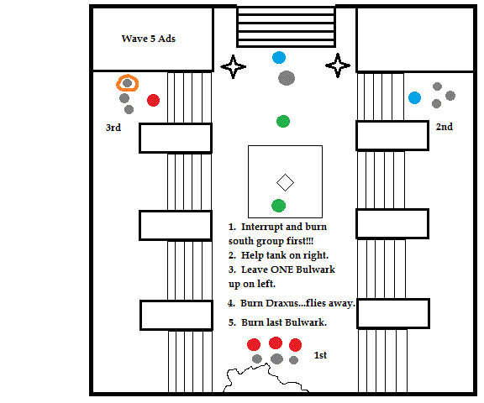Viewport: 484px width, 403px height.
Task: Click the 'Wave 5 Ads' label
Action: coord(149,39)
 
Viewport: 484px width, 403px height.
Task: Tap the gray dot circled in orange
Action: coord(127,83)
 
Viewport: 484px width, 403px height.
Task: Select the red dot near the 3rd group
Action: coord(153,100)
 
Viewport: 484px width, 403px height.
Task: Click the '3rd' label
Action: coord(113,128)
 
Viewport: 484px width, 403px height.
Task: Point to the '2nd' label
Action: coord(445,127)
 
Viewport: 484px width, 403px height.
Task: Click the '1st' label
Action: coord(320,355)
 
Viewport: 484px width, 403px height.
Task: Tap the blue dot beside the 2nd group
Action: coord(414,97)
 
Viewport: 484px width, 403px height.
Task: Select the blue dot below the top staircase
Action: coord(279,58)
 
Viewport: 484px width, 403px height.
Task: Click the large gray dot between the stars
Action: coord(287,78)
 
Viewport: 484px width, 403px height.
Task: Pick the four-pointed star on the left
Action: coord(234,66)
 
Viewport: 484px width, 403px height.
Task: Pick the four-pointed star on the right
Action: coord(338,65)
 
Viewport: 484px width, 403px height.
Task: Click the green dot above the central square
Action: coord(283,121)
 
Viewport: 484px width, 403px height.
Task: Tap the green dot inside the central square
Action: coord(278,206)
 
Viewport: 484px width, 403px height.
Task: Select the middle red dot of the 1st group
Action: coord(276,343)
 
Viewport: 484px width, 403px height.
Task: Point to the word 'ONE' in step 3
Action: coord(281,270)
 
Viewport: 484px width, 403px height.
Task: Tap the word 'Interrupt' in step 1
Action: coord(262,228)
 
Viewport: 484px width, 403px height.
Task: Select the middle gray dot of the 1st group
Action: coord(276,359)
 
